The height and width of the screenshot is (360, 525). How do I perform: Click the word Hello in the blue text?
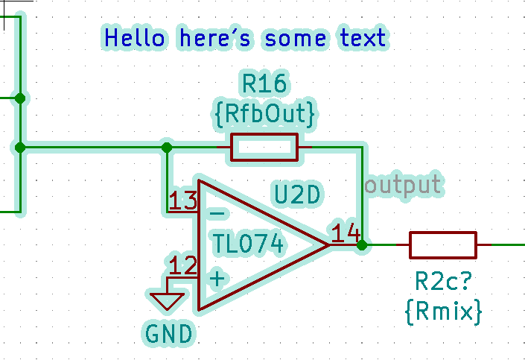point(135,37)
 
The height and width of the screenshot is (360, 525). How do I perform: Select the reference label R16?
point(264,83)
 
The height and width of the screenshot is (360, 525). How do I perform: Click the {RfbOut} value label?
point(264,113)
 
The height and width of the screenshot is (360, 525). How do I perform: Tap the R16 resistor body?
point(264,148)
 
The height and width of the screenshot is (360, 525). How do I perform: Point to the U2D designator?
point(297,195)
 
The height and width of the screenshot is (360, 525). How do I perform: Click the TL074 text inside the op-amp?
point(247,244)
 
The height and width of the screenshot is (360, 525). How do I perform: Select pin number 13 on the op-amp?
point(182,200)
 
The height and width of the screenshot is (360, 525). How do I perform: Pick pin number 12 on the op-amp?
point(183,265)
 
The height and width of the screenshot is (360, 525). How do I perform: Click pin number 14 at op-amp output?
point(346,233)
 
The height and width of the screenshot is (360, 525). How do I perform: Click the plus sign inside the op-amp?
point(217,280)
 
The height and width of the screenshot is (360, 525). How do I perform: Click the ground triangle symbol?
point(168,300)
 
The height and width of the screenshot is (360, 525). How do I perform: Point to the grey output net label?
point(403,183)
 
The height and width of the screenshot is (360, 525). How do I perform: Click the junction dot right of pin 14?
point(362,244)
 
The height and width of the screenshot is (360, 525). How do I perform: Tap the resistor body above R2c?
point(442,244)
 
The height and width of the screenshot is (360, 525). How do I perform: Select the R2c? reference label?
point(445,282)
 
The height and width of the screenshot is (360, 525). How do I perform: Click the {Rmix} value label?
point(443,309)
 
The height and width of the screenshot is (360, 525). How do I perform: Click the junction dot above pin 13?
point(168,148)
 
